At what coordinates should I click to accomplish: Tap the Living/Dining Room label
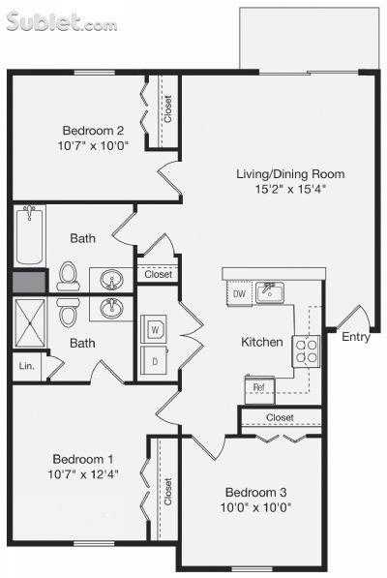click(290, 174)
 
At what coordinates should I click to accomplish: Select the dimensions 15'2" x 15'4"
click(290, 190)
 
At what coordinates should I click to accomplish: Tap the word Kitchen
click(262, 342)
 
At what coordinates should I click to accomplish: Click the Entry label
click(355, 337)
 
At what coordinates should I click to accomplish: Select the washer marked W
click(154, 330)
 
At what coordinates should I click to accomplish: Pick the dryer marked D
click(154, 361)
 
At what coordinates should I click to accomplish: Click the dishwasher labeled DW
click(239, 293)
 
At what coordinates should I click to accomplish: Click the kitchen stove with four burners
click(307, 350)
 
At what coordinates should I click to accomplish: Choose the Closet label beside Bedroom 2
click(167, 109)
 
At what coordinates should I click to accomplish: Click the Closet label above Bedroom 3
click(280, 417)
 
